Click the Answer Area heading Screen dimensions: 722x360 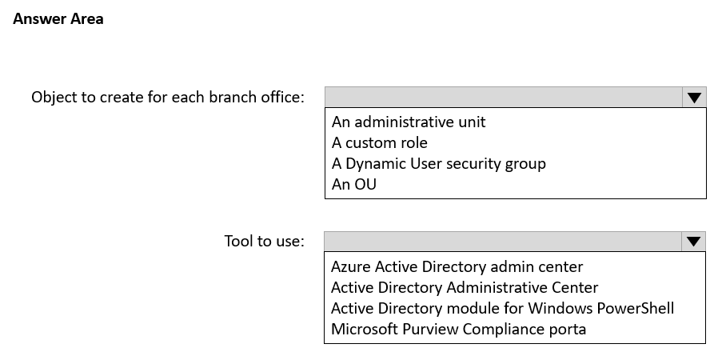coord(58,19)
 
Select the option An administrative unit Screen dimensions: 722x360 coord(409,122)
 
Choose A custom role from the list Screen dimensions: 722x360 coord(380,142)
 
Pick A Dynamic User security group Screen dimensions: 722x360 coord(439,164)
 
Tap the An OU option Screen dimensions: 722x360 coord(354,184)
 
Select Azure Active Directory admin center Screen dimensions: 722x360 coord(457,266)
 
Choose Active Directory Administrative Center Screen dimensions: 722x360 coord(465,287)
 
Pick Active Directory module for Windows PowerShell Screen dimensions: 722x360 coord(502,308)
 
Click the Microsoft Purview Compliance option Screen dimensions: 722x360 coord(459,329)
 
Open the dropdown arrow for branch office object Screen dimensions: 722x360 coord(694,98)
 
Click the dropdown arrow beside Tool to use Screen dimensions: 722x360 coord(694,242)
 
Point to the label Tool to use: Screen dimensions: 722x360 coord(265,241)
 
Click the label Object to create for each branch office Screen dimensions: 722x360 coord(168,98)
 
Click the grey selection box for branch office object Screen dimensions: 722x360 coord(504,98)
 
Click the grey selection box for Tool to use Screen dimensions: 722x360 coord(503,242)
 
